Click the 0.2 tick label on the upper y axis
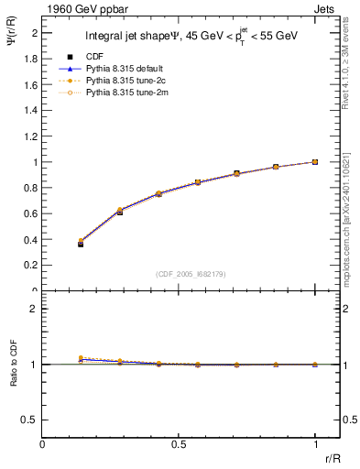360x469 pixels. click(32, 266)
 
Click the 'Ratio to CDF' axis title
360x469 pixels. click(14, 377)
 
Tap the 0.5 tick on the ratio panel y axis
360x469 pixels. click(32, 420)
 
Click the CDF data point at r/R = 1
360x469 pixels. click(314, 162)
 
